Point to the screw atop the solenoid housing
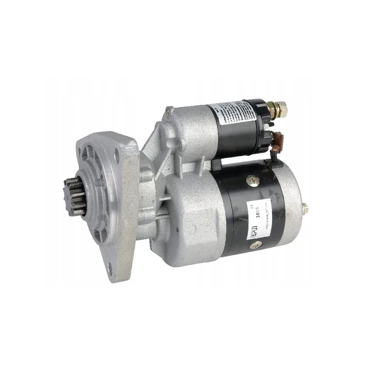pyautogui.click(x=169, y=109)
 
